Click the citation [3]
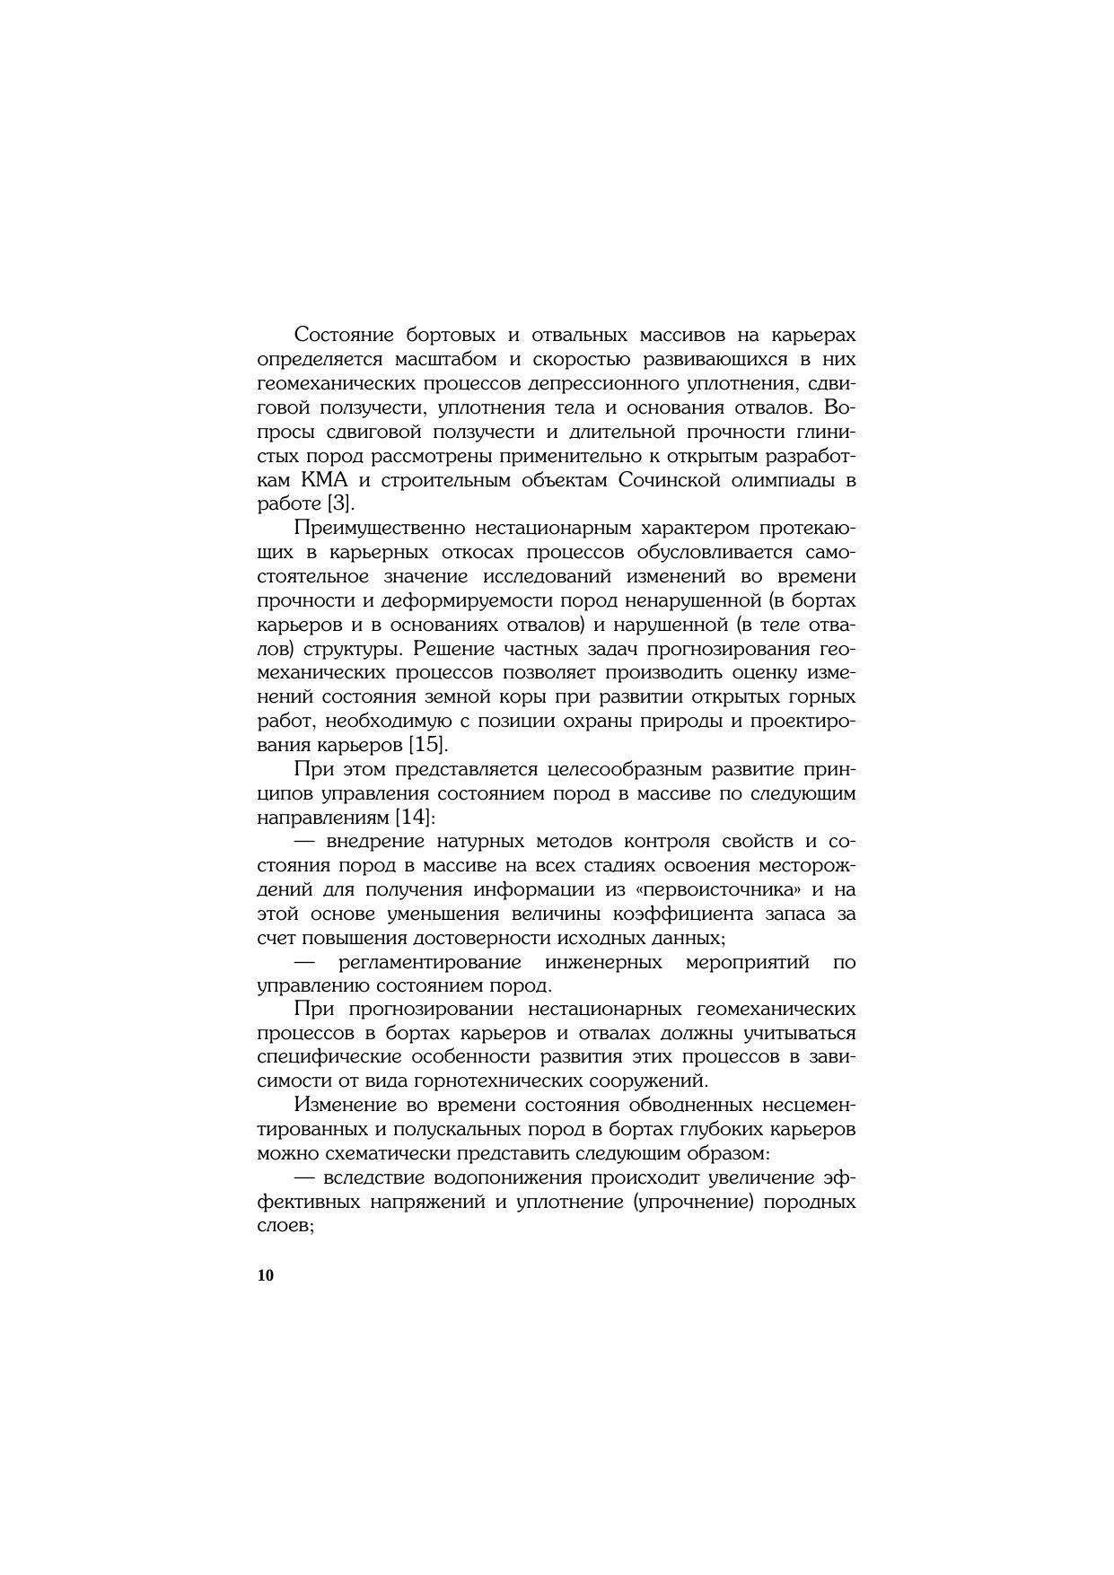click(338, 503)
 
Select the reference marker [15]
click(427, 745)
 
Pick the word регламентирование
click(430, 962)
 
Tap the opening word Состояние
click(345, 335)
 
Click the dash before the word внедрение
click(307, 842)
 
